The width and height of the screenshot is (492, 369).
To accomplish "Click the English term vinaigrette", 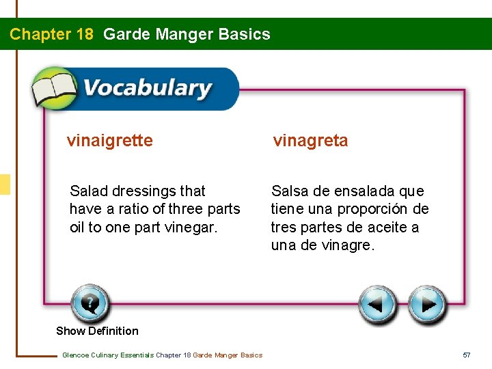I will click(109, 141).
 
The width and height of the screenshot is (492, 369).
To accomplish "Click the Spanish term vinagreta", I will click(310, 141).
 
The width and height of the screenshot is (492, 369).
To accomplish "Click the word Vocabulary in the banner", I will click(147, 89).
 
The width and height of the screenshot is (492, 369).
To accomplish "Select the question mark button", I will click(90, 303).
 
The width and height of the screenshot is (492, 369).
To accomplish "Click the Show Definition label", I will click(97, 331).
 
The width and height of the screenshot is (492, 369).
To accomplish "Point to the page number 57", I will click(467, 355).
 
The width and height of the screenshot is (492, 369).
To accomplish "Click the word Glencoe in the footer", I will click(77, 355).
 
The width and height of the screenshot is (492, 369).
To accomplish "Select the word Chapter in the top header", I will click(38, 34).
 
